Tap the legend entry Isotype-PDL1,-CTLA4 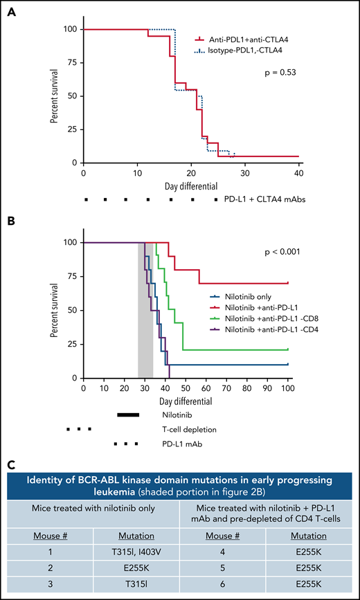(x=240, y=50)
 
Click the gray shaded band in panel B (x=145, y=311)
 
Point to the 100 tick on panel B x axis (x=287, y=388)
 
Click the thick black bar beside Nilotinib (x=128, y=415)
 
